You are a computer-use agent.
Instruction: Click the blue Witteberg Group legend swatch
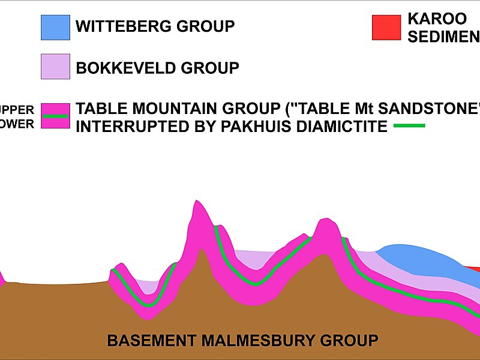[x=55, y=28]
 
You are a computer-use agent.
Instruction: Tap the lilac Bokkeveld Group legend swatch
[x=55, y=67]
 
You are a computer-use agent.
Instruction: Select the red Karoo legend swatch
[x=386, y=28]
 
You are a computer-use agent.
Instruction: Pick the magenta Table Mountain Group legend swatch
[x=55, y=116]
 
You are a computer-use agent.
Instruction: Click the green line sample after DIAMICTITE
[x=409, y=125]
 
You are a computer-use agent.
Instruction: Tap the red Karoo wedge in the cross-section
[x=473, y=268]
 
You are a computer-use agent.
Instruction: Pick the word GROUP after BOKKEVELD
[x=210, y=68]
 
